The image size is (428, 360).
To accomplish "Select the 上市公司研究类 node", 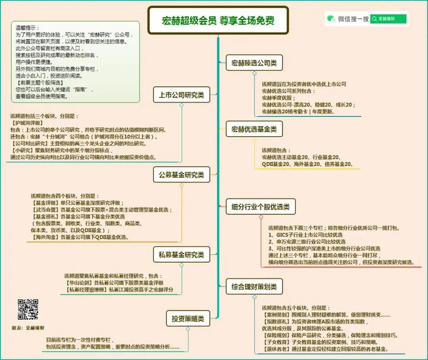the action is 180,95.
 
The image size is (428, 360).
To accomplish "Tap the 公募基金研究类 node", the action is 180,175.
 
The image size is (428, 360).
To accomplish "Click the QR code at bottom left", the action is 28,309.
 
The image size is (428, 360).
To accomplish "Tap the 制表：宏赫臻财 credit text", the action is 29,328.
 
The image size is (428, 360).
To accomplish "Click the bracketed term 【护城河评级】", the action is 28,123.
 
